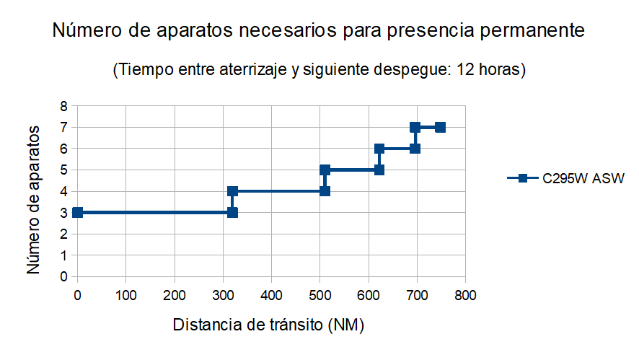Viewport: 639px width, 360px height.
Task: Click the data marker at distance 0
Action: click(x=78, y=212)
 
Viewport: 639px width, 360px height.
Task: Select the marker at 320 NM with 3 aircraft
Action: click(x=232, y=212)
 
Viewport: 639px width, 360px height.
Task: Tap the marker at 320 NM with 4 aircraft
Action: click(x=232, y=191)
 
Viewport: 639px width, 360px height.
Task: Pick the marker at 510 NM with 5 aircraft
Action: click(x=325, y=170)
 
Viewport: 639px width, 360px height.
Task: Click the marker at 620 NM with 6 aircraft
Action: click(x=379, y=149)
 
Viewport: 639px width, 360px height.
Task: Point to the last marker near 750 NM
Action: click(x=440, y=127)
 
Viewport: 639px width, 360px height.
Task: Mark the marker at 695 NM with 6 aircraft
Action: click(x=415, y=149)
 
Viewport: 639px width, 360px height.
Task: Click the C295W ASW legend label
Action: click(x=583, y=177)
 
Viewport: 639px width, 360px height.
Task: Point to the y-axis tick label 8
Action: click(x=63, y=106)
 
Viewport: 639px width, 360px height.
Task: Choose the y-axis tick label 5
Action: click(x=63, y=170)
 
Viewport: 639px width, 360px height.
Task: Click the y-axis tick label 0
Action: click(x=63, y=276)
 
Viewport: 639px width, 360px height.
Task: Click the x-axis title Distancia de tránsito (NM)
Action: click(x=268, y=325)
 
